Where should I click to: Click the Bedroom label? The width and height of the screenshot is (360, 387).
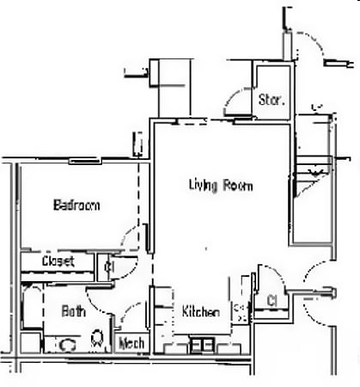pyautogui.click(x=76, y=205)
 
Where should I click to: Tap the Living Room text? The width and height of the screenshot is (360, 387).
pyautogui.click(x=221, y=185)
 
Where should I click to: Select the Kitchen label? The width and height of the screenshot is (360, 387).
pyautogui.click(x=200, y=312)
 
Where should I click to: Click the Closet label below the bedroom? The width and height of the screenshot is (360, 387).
pyautogui.click(x=58, y=261)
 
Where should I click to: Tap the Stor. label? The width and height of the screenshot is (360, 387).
pyautogui.click(x=271, y=100)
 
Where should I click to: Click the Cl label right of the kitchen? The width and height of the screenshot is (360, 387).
pyautogui.click(x=271, y=300)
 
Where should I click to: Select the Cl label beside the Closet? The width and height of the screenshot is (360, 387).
pyautogui.click(x=109, y=267)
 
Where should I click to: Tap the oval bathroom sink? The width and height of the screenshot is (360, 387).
pyautogui.click(x=66, y=344)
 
